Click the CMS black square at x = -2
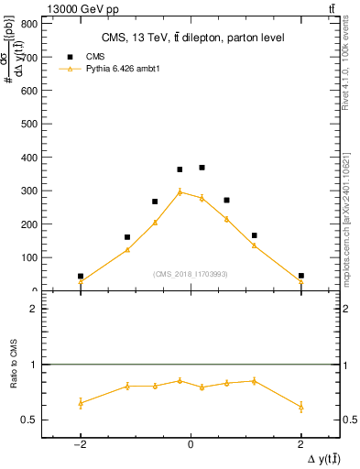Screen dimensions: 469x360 pos(81,276)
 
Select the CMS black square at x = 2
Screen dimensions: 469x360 pos(300,276)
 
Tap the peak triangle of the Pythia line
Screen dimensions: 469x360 pos(180,191)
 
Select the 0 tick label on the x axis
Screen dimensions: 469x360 pos(191,446)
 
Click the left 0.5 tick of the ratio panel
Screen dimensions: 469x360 pos(33,420)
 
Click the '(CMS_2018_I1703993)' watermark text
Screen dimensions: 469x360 pos(191,274)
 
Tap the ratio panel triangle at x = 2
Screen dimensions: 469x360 pos(300,406)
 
